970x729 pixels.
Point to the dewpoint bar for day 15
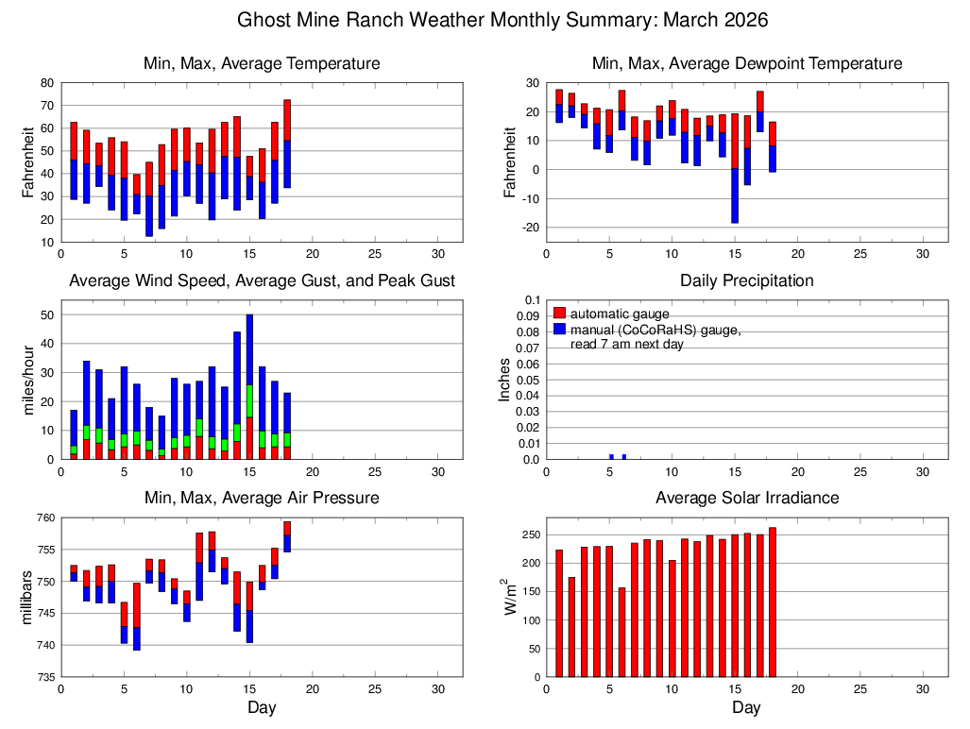[x=734, y=168]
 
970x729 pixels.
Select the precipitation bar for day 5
[x=611, y=457]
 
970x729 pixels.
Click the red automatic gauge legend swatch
[x=559, y=313]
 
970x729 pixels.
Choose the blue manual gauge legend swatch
[x=559, y=329]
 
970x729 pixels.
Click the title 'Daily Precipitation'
[x=746, y=280]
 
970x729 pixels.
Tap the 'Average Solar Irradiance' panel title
[x=746, y=498]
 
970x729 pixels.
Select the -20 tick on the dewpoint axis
[x=529, y=228]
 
